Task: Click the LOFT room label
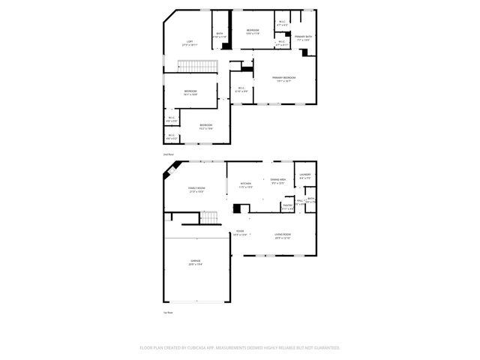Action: [x=190, y=41]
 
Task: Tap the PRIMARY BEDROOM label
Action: [x=283, y=77]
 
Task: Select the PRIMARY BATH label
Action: [x=303, y=36]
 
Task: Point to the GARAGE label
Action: [x=195, y=261]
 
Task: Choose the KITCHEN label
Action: [x=245, y=184]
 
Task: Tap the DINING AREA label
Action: [x=278, y=181]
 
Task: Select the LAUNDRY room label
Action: [x=304, y=175]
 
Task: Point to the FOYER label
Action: [x=240, y=231]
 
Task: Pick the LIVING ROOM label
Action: [x=283, y=235]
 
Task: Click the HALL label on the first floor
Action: [x=299, y=201]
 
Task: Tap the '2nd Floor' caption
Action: [x=169, y=152]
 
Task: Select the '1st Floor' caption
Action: [x=169, y=312]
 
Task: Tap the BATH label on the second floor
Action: [x=220, y=34]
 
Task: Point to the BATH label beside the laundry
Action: [x=310, y=199]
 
